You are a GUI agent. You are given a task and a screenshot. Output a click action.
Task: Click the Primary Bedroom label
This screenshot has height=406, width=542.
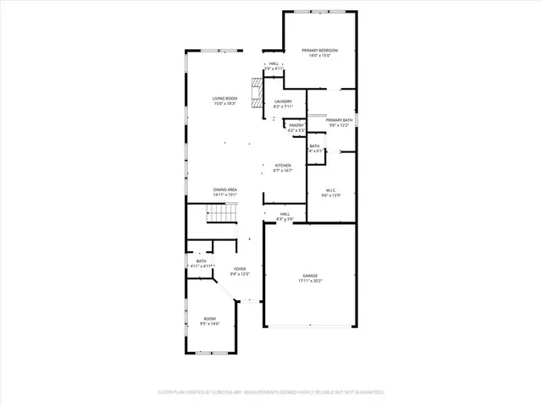320,51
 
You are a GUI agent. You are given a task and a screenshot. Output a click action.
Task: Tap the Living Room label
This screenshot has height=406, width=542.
225,99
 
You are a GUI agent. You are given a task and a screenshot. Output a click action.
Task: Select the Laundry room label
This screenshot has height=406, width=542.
282,101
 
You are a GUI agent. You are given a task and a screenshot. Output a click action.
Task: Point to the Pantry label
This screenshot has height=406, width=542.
296,125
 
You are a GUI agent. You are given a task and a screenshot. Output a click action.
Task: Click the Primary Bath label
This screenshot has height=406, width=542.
339,120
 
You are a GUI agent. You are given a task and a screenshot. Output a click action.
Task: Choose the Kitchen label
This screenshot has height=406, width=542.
283,165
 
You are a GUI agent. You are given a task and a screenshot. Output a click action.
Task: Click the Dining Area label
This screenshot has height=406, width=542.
225,189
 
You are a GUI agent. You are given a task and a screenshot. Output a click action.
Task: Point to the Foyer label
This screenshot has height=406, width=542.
240,269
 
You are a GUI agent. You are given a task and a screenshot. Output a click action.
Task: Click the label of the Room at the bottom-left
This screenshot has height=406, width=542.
208,319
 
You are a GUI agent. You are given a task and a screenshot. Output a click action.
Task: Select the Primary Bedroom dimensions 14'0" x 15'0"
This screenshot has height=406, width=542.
320,56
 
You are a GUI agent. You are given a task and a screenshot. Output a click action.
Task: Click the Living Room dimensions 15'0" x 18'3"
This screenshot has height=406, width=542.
225,104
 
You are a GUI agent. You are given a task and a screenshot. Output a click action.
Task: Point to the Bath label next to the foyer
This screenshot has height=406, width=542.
202,261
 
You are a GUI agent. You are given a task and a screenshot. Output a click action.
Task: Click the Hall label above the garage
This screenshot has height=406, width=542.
285,214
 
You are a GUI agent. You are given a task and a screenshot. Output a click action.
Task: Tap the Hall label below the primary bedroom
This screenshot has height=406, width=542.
274,63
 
